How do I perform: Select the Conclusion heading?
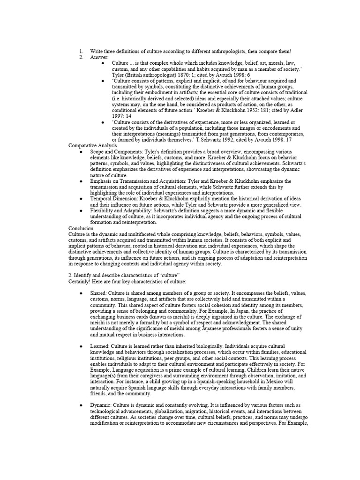[x=81, y=228]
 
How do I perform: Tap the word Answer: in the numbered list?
[x=99, y=57]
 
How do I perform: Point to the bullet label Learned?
[x=100, y=346]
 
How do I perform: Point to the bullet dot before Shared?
[x=82, y=293]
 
